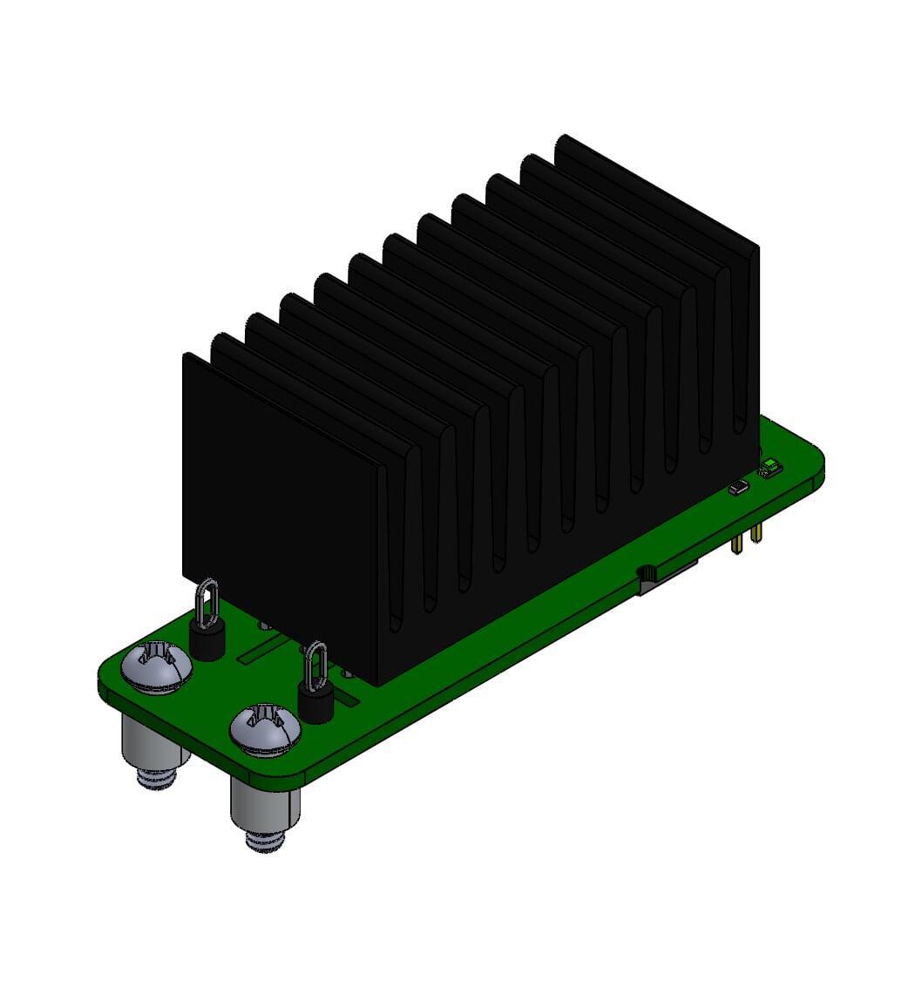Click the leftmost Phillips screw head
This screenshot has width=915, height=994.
(x=157, y=667)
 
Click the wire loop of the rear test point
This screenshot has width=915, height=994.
(x=207, y=604)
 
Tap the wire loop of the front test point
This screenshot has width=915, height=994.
(x=316, y=666)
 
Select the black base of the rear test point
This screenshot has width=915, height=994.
(x=207, y=644)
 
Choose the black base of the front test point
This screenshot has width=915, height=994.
(x=315, y=705)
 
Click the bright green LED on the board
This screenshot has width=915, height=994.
(x=771, y=470)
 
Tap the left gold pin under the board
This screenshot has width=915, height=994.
(x=738, y=544)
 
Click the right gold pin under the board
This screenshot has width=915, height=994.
(x=754, y=531)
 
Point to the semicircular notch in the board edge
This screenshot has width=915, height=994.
(x=647, y=572)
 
